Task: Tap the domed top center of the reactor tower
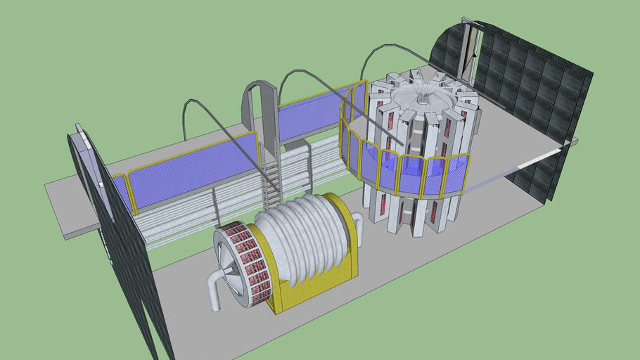pos(422,99)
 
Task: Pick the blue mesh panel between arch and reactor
pos(309,112)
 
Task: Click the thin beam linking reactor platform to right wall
pos(520,165)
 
